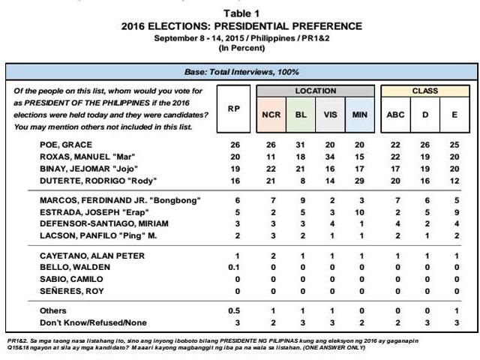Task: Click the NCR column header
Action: [271, 115]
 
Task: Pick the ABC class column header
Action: [394, 115]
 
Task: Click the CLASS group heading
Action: [425, 91]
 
